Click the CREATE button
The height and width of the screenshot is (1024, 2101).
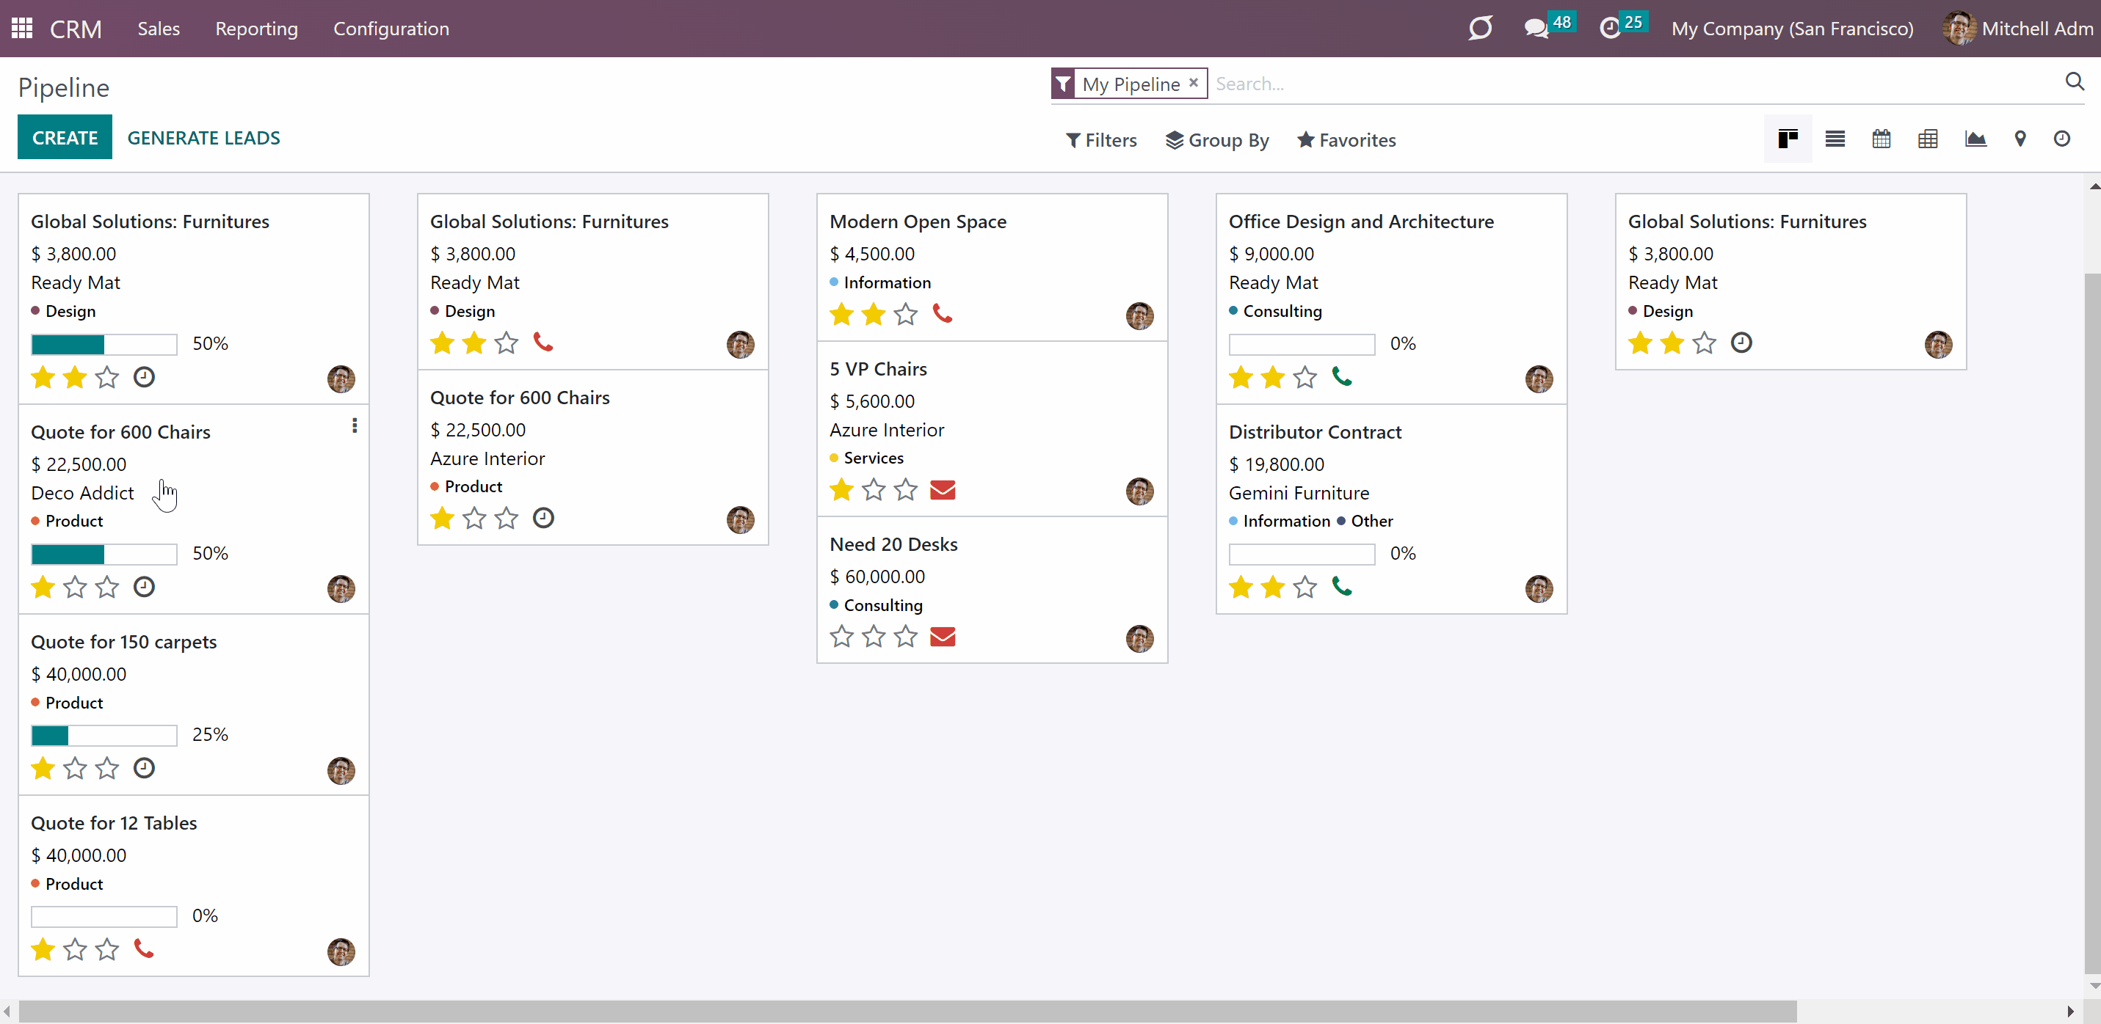pos(65,138)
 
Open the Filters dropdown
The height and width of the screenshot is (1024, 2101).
pos(1101,140)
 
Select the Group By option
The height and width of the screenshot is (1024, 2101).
pos(1217,140)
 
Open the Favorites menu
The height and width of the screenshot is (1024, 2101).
pos(1346,140)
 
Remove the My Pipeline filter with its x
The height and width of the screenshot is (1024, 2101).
pos(1193,82)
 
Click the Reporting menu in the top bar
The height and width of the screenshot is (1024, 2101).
pos(257,29)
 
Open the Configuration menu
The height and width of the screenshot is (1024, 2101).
pos(391,29)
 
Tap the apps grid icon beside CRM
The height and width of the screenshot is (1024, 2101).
pos(22,29)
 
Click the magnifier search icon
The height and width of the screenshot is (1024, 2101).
pos(2075,81)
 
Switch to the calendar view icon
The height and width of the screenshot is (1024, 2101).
pos(1882,139)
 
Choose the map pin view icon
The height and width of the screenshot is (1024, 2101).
pos(2020,139)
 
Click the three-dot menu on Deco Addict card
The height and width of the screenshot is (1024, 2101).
pos(355,425)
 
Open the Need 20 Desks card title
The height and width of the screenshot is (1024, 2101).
pos(894,544)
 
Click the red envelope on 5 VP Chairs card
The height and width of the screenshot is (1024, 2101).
pos(943,489)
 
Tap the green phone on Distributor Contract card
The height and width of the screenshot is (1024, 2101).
pos(1342,585)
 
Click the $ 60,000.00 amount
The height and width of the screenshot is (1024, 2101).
pos(877,577)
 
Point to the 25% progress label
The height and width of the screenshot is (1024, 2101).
pos(211,734)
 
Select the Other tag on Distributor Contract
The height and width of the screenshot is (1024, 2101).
pos(1372,521)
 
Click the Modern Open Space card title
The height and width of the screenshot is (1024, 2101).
pos(918,221)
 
